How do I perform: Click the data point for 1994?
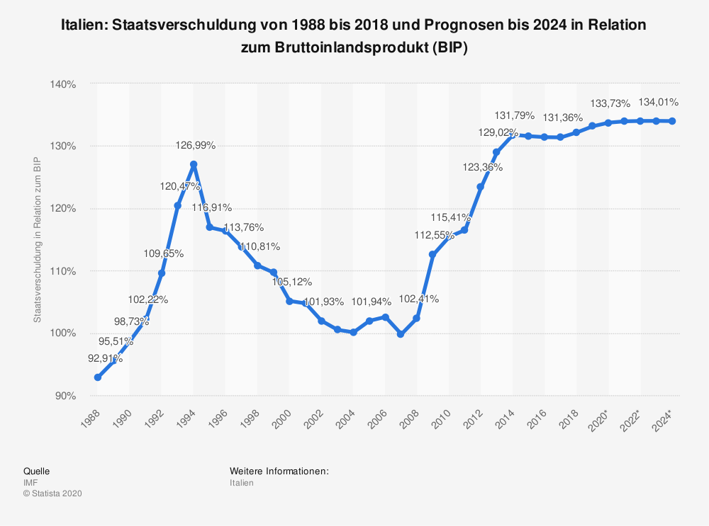(194, 164)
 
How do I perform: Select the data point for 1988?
(98, 377)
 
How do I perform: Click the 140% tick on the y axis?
(64, 84)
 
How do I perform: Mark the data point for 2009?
(432, 254)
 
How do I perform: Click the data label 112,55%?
(435, 236)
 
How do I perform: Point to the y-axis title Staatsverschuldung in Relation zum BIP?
(38, 240)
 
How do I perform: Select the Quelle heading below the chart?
(36, 471)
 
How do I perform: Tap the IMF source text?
(31, 483)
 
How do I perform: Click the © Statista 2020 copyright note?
(53, 494)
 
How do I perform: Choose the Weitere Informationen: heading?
(279, 471)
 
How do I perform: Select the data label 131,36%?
(562, 118)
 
